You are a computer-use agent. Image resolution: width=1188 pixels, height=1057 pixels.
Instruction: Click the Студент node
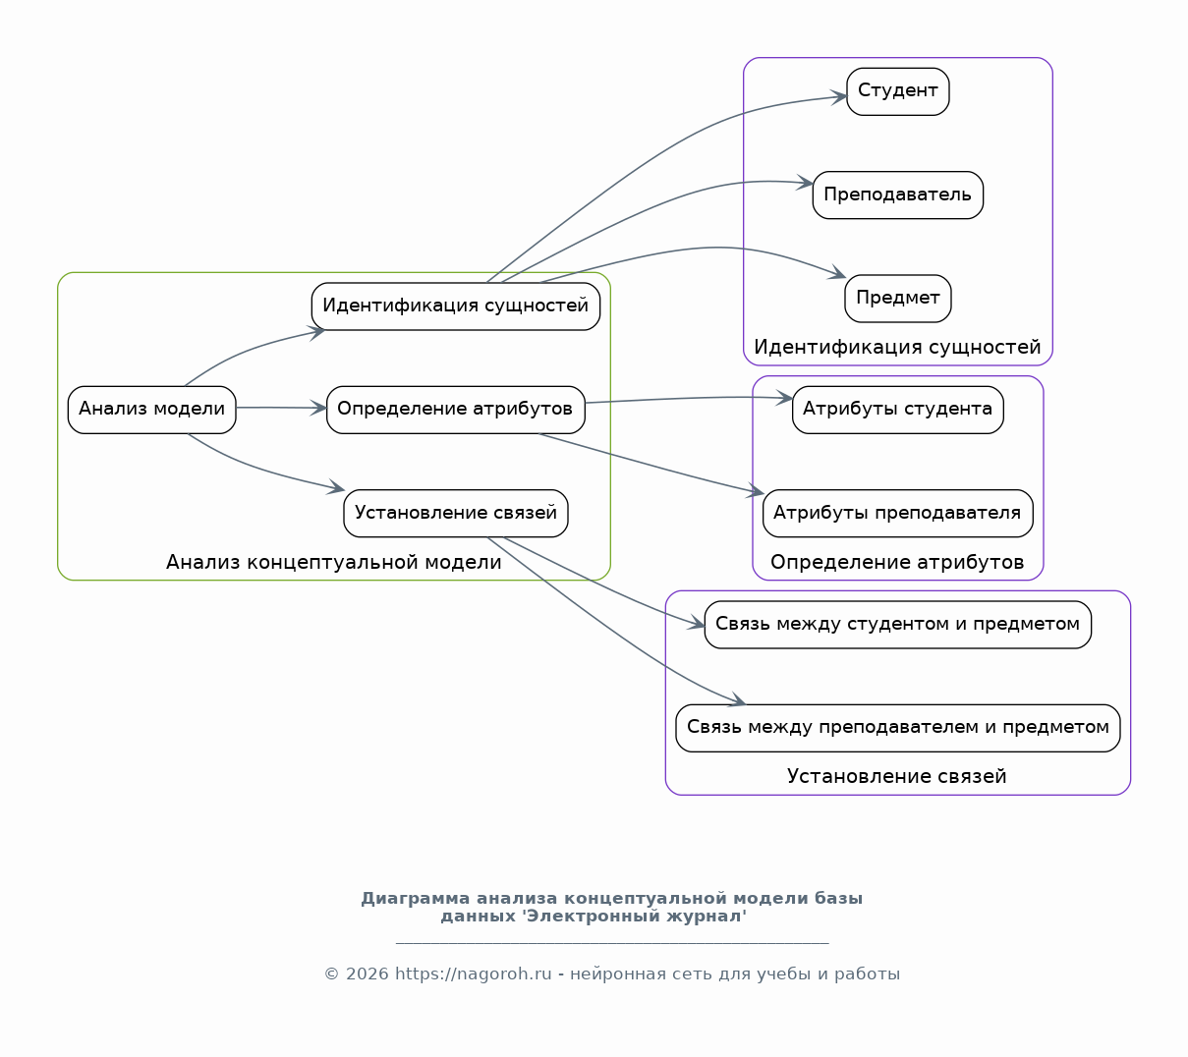coord(898,91)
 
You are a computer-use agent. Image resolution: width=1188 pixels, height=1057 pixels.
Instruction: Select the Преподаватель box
coord(898,195)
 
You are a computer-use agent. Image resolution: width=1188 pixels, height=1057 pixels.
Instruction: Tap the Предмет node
coord(898,299)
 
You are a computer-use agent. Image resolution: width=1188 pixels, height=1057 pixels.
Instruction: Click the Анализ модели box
coord(152,410)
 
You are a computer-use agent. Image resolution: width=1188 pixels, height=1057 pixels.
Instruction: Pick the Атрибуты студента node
coord(898,410)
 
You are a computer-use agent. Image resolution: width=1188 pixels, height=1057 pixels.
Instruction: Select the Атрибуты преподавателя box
coord(898,514)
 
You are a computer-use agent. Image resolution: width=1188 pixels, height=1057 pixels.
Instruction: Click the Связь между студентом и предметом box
coord(898,625)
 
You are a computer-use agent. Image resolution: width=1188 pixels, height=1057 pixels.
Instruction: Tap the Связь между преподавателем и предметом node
coord(898,728)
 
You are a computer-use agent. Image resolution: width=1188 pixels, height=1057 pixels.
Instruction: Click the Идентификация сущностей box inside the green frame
coord(456,306)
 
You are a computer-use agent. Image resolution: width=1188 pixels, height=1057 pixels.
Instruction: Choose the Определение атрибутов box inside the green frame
coord(456,410)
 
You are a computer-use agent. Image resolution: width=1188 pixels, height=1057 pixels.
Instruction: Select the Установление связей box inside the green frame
coord(456,514)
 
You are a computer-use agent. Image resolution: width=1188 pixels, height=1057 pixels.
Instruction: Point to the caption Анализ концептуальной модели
coord(334,562)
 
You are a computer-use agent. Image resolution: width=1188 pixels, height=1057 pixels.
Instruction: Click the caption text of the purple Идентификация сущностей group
coord(897,347)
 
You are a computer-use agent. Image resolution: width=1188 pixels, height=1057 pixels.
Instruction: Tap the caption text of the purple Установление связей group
coord(896,776)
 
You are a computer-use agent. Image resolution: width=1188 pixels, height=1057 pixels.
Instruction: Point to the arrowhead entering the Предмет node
coord(838,273)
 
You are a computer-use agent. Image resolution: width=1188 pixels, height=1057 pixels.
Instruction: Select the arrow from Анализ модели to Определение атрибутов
coord(281,408)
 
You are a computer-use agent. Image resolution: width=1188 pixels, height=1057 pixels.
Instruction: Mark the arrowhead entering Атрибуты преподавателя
coord(757,491)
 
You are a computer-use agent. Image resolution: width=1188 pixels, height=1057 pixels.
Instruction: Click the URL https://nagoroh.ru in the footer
coord(474,974)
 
